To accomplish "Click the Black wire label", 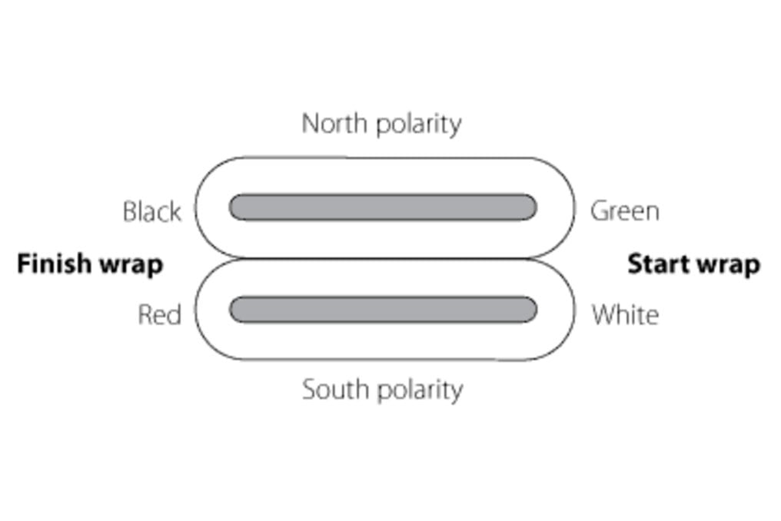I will coord(151,211).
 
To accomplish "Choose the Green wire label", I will coord(624,211).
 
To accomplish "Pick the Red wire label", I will coord(159,315).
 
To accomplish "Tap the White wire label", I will coord(624,315).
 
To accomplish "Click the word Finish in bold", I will coord(54,264).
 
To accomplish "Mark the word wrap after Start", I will coord(729,266).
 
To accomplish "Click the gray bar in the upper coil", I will coord(382,207).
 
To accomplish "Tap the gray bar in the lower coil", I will coord(382,310).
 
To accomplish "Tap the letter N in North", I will coord(309,123).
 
